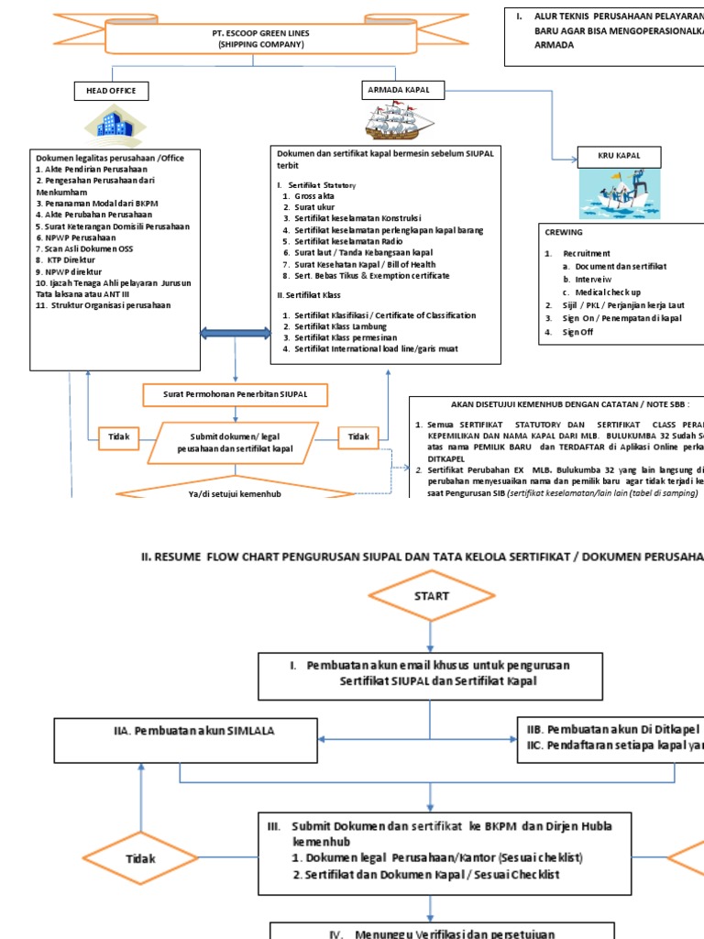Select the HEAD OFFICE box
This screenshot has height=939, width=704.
point(111,90)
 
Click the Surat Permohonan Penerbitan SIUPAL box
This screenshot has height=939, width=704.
point(236,395)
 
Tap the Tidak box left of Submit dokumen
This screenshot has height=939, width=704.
point(119,437)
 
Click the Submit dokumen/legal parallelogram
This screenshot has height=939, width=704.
point(236,442)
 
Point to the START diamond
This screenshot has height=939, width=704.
point(431,595)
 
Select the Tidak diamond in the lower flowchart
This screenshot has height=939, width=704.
point(140,859)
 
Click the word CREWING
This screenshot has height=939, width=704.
point(564,233)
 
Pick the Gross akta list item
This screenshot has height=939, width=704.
point(313,196)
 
